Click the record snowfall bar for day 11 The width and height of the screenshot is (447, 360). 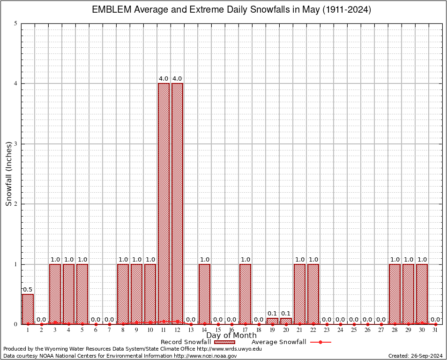point(164,203)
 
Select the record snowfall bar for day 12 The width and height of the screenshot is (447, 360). point(177,203)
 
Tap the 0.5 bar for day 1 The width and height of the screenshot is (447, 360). point(28,309)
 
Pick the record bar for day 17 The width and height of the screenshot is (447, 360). point(245,294)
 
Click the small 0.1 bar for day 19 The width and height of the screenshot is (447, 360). point(272,321)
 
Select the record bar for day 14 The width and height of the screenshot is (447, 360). point(204,294)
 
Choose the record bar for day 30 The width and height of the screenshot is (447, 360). point(422,294)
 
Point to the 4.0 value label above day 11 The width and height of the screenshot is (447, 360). point(164,78)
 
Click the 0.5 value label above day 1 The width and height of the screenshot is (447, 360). point(28,289)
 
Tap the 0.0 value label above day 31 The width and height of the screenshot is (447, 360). point(435,319)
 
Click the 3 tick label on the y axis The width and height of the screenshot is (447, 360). point(16,144)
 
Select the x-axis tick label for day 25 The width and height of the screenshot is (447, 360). point(354,330)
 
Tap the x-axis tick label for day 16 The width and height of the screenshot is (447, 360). point(231,330)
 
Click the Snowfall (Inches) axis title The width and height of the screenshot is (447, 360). point(8,173)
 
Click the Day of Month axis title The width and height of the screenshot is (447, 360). point(231,336)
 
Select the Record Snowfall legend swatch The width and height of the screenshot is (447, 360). point(224,342)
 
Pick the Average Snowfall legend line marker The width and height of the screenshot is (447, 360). point(320,342)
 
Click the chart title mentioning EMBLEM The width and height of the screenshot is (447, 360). point(231,10)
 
